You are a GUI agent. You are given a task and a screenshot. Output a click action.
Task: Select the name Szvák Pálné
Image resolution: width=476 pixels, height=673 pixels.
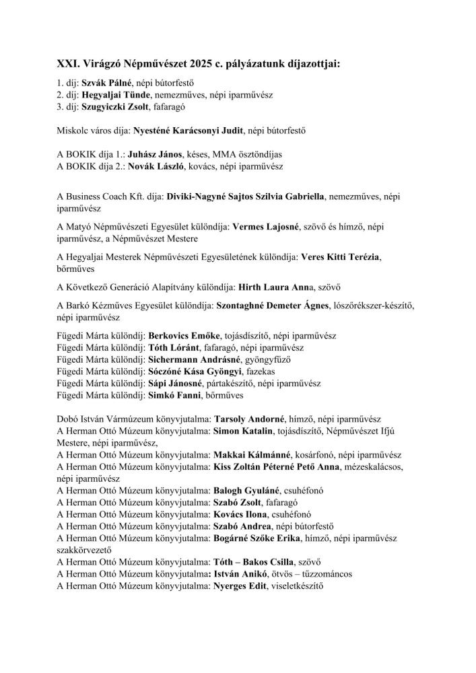click(106, 83)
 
